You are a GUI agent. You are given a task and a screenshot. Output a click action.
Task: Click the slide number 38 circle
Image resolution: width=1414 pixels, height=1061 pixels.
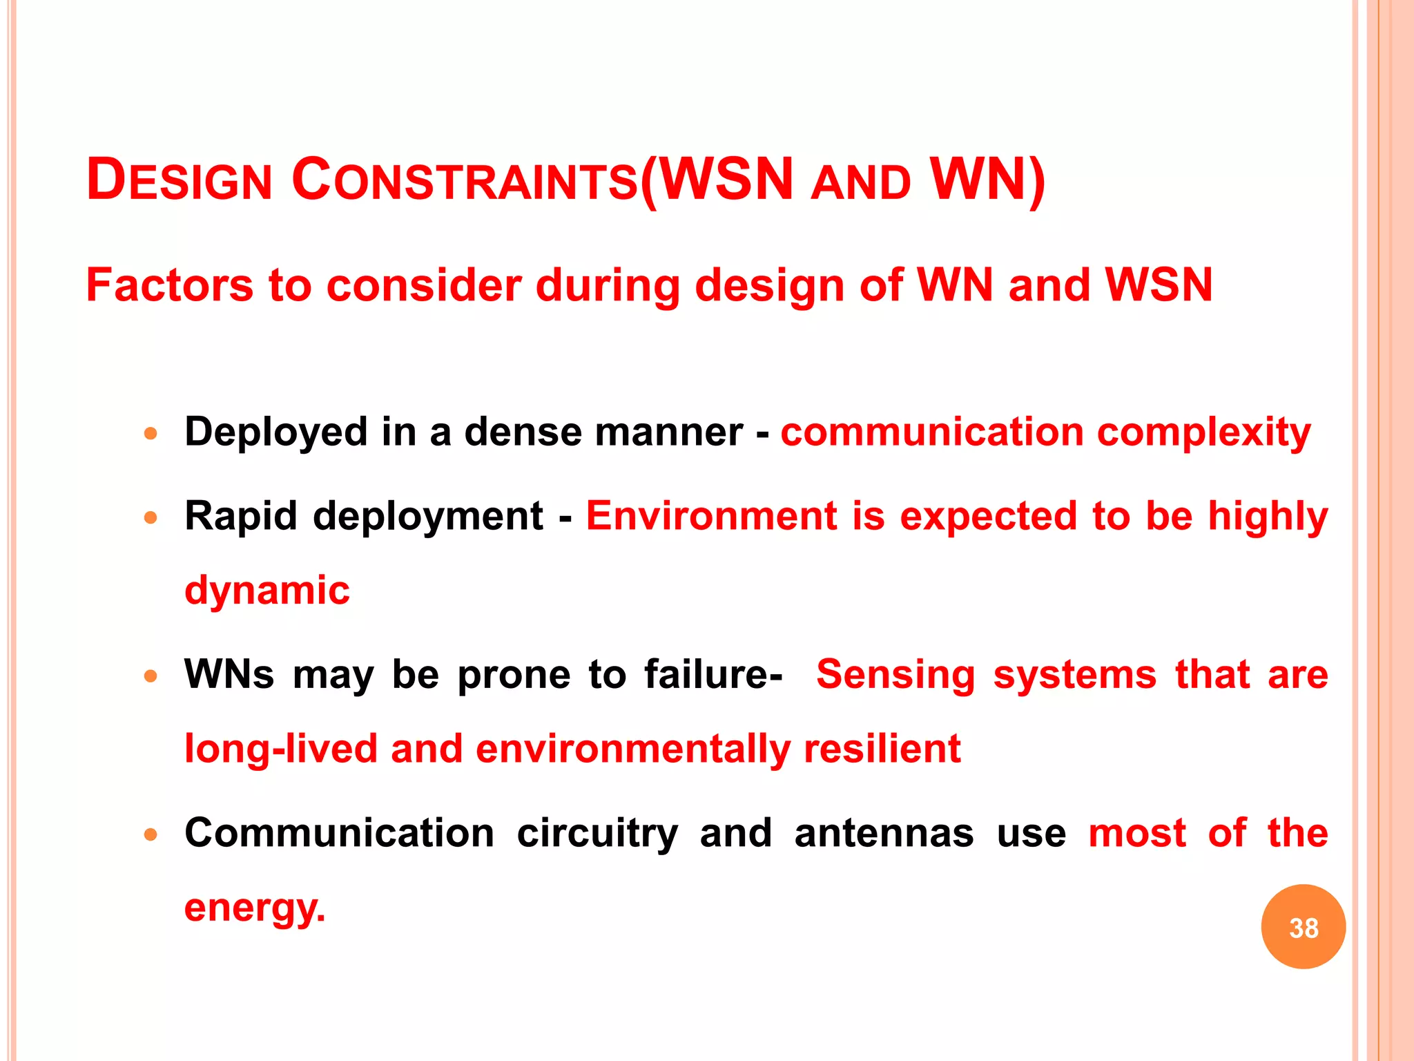click(1303, 927)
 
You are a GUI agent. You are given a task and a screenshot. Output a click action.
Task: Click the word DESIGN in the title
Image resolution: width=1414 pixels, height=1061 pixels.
click(180, 180)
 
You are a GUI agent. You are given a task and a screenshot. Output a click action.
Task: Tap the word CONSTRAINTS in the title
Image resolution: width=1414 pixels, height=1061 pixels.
click(465, 180)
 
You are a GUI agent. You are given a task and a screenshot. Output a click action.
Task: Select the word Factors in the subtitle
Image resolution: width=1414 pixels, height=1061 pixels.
click(170, 285)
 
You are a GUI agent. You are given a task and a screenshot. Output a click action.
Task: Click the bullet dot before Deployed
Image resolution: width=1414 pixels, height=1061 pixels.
click(151, 434)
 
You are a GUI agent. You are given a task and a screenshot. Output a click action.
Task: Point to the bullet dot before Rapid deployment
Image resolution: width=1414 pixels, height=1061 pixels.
click(151, 517)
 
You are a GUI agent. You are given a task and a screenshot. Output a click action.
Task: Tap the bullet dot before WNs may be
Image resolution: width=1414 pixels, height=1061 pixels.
click(151, 676)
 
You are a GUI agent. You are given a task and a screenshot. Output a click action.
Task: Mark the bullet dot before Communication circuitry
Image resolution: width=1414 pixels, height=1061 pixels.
click(151, 834)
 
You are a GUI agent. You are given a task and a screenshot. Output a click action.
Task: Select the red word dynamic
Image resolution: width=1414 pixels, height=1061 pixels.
click(267, 591)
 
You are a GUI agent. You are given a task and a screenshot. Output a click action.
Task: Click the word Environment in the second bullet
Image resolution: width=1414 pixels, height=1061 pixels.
click(711, 516)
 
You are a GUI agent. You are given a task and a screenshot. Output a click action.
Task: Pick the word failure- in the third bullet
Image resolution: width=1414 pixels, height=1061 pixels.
click(713, 674)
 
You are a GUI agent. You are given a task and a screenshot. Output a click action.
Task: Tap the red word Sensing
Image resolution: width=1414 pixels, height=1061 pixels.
click(895, 674)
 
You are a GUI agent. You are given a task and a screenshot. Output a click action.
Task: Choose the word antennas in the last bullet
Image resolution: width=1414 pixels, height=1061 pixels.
click(884, 833)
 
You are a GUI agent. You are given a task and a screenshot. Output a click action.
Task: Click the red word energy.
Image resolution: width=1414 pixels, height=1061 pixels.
click(254, 908)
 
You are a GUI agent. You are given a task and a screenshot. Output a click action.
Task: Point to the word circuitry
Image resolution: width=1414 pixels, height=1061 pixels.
click(597, 833)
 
